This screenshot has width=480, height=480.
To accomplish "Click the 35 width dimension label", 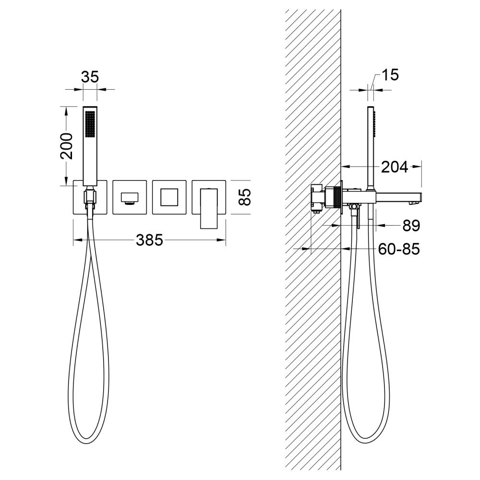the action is [90, 76].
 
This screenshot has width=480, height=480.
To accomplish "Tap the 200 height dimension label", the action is [66, 146].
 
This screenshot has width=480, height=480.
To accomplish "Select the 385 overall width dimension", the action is [149, 240].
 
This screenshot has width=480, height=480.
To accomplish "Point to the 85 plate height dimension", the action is [245, 197].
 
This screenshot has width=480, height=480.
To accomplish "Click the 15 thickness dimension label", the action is [390, 75].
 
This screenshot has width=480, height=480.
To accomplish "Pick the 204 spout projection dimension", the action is [395, 167].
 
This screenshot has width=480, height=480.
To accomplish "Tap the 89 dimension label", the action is [411, 226].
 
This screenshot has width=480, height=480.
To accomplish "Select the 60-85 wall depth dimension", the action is [399, 249].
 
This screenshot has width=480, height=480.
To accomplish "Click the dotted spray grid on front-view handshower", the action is [90, 124].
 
